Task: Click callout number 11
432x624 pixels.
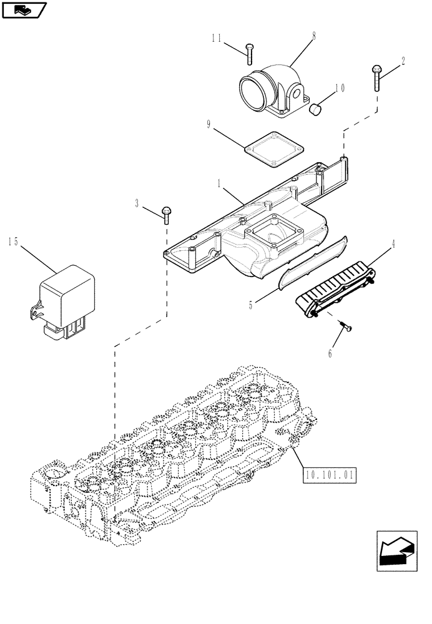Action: pyautogui.click(x=216, y=38)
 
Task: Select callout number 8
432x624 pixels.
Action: pyautogui.click(x=313, y=36)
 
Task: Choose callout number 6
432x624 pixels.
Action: pyautogui.click(x=330, y=354)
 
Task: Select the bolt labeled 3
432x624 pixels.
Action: pyautogui.click(x=166, y=214)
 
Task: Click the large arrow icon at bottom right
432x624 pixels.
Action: pyautogui.click(x=398, y=551)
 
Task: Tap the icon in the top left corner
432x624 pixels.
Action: pyautogui.click(x=24, y=10)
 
